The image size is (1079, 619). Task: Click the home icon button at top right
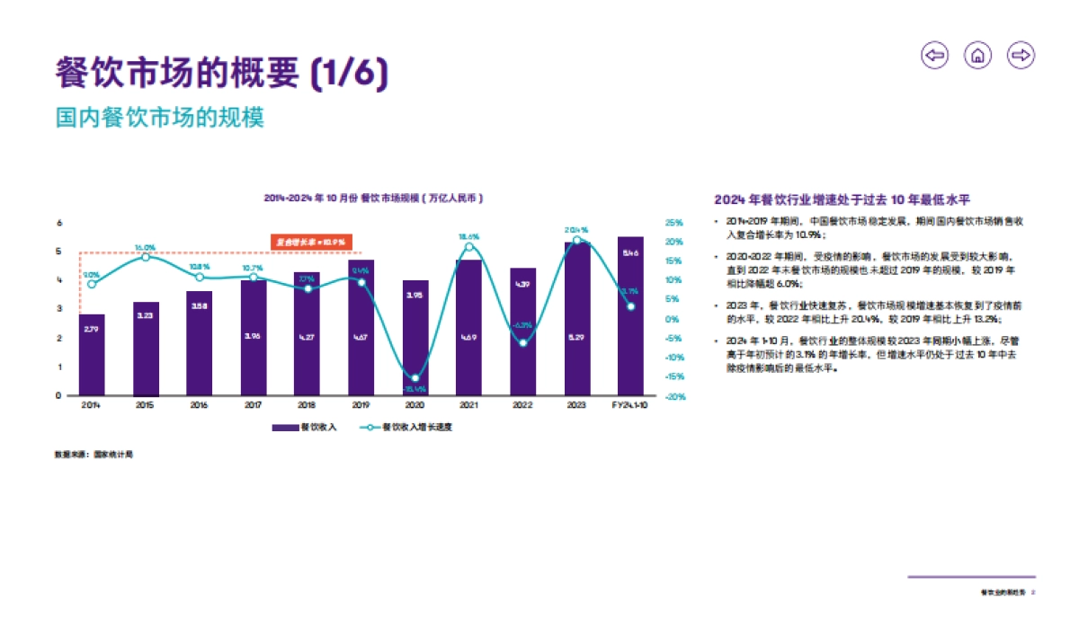click(x=977, y=56)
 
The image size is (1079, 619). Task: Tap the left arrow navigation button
click(x=935, y=56)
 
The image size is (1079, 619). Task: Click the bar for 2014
click(x=92, y=355)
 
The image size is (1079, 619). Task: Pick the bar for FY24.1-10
click(x=630, y=316)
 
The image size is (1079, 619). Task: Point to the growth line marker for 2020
click(x=415, y=378)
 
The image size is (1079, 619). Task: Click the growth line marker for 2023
click(x=576, y=240)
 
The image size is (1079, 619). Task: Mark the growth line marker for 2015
click(x=146, y=257)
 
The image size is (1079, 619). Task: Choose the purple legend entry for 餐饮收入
click(x=304, y=428)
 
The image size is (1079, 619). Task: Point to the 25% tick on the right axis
click(x=673, y=223)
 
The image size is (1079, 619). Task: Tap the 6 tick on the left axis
click(x=59, y=223)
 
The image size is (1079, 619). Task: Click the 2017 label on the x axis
click(x=254, y=406)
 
